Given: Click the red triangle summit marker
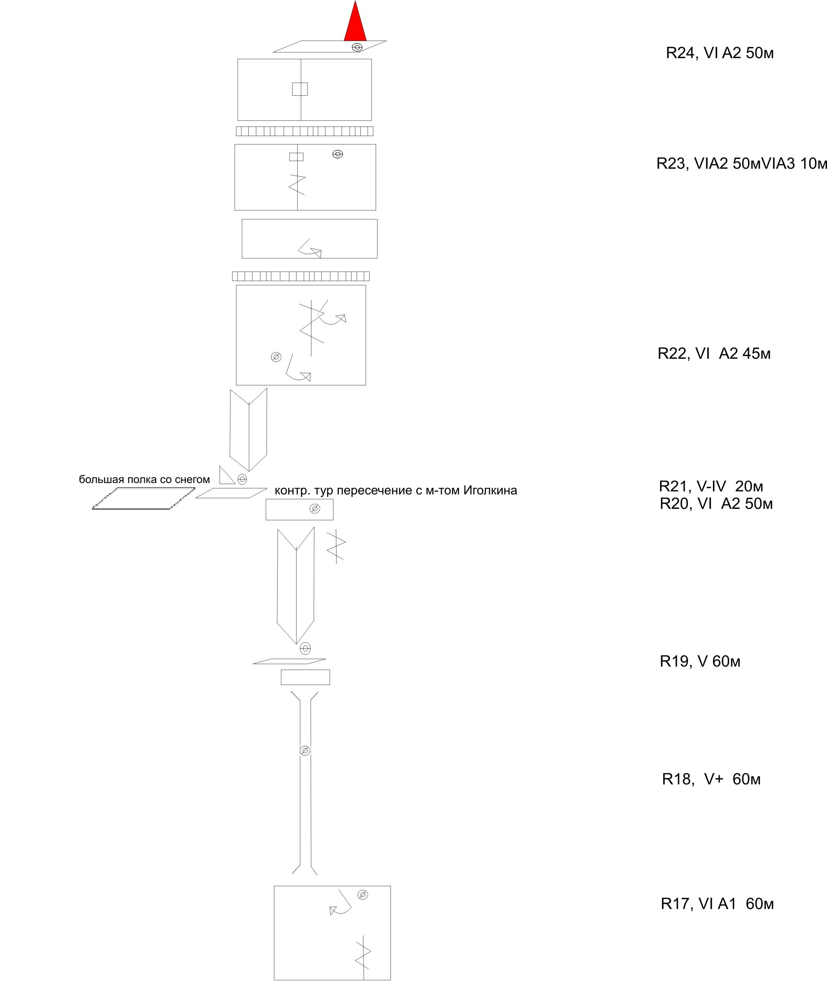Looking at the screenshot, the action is (356, 24).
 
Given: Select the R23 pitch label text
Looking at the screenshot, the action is (741, 163).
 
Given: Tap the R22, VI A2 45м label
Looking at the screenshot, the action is (714, 353).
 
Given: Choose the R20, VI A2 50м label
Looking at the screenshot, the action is (716, 504).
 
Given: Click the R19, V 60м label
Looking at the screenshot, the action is (700, 661).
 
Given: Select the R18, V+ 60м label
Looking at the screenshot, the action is (711, 779).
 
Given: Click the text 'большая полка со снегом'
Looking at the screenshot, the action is (144, 479).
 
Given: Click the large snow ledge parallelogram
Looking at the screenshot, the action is (143, 498).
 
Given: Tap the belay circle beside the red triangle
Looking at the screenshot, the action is (357, 48).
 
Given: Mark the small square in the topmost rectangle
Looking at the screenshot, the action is (300, 89).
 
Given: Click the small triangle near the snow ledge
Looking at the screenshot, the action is (227, 475).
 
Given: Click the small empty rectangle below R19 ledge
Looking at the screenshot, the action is (305, 677).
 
